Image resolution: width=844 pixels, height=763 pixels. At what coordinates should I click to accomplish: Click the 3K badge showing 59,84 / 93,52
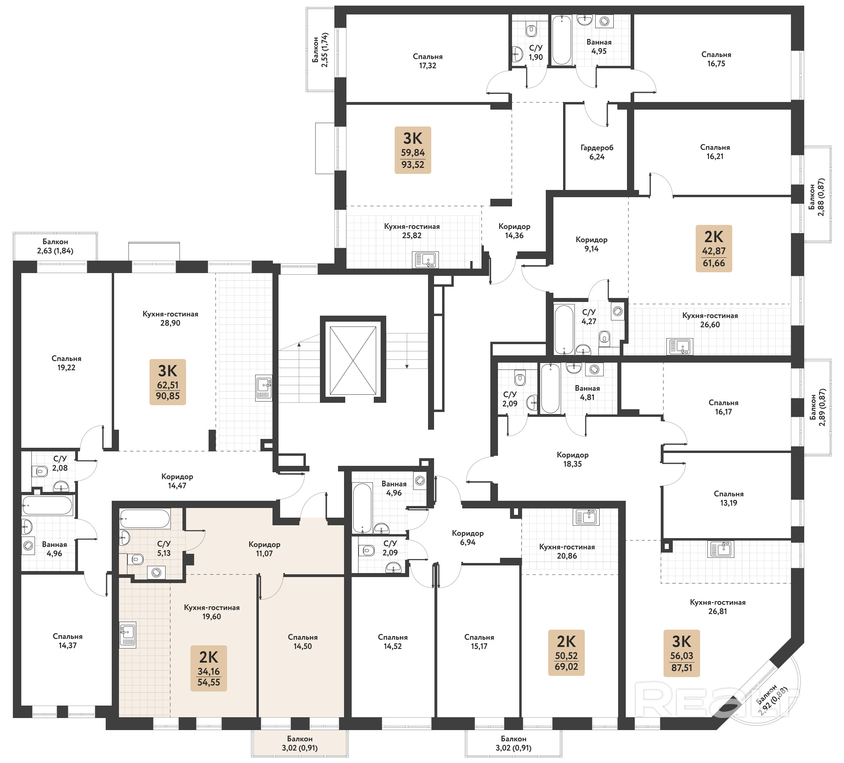[x=413, y=150]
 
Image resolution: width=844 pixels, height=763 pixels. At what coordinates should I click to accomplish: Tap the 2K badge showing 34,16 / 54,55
[x=209, y=669]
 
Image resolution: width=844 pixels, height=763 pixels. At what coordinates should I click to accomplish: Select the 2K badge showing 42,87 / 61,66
[x=714, y=249]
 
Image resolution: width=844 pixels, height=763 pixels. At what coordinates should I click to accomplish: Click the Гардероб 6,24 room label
[x=597, y=152]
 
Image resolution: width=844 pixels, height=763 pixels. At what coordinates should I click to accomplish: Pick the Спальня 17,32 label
[x=428, y=61]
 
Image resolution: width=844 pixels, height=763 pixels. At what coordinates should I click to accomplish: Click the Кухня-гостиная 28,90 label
[x=170, y=318]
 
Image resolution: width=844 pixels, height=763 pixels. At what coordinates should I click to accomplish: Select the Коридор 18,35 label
[x=573, y=459]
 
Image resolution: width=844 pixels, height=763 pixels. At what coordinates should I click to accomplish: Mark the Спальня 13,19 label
[x=728, y=498]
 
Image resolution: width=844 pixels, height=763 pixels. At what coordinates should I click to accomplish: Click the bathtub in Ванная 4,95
[x=561, y=40]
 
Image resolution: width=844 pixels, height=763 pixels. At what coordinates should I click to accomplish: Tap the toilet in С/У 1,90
[x=531, y=30]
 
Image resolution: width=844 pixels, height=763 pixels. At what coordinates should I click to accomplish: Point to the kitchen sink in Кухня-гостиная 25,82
[x=425, y=260]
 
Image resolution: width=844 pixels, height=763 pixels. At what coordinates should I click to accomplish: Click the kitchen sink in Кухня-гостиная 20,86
[x=586, y=516]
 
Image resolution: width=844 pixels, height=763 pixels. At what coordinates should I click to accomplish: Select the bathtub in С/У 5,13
[x=145, y=519]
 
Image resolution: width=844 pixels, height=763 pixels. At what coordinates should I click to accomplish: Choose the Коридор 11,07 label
[x=264, y=549]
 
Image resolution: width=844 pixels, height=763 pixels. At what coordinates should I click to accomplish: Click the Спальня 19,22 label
[x=67, y=363]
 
